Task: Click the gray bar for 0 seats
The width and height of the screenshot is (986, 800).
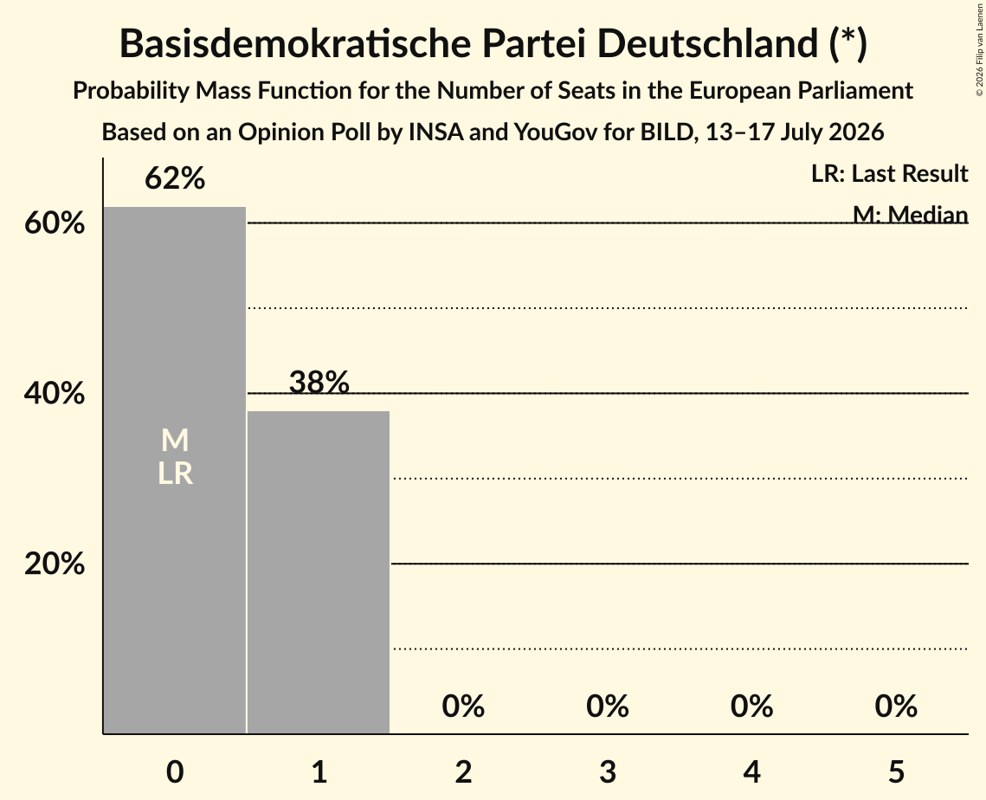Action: (x=175, y=470)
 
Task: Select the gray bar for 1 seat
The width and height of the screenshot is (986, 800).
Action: (x=319, y=572)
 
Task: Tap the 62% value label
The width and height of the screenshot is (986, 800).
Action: (x=175, y=178)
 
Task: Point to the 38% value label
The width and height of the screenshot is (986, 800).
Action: (x=319, y=382)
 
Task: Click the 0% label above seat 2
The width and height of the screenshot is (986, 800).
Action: (x=463, y=706)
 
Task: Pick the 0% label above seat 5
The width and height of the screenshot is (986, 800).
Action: (x=896, y=706)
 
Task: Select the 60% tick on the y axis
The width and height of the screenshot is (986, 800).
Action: (x=55, y=223)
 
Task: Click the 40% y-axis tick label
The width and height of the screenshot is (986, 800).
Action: (x=55, y=393)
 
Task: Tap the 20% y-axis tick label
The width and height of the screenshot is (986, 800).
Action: (x=55, y=564)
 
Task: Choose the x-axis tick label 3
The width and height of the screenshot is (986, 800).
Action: (x=608, y=771)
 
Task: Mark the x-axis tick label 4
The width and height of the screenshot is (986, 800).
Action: (x=752, y=771)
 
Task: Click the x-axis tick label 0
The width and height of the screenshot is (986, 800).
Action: (x=175, y=771)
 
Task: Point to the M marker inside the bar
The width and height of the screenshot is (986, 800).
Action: (x=175, y=440)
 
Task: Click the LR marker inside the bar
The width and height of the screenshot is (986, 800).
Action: (x=175, y=473)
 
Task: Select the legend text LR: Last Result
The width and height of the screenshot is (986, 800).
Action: (x=889, y=173)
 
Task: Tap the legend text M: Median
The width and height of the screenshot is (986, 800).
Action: (x=910, y=215)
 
